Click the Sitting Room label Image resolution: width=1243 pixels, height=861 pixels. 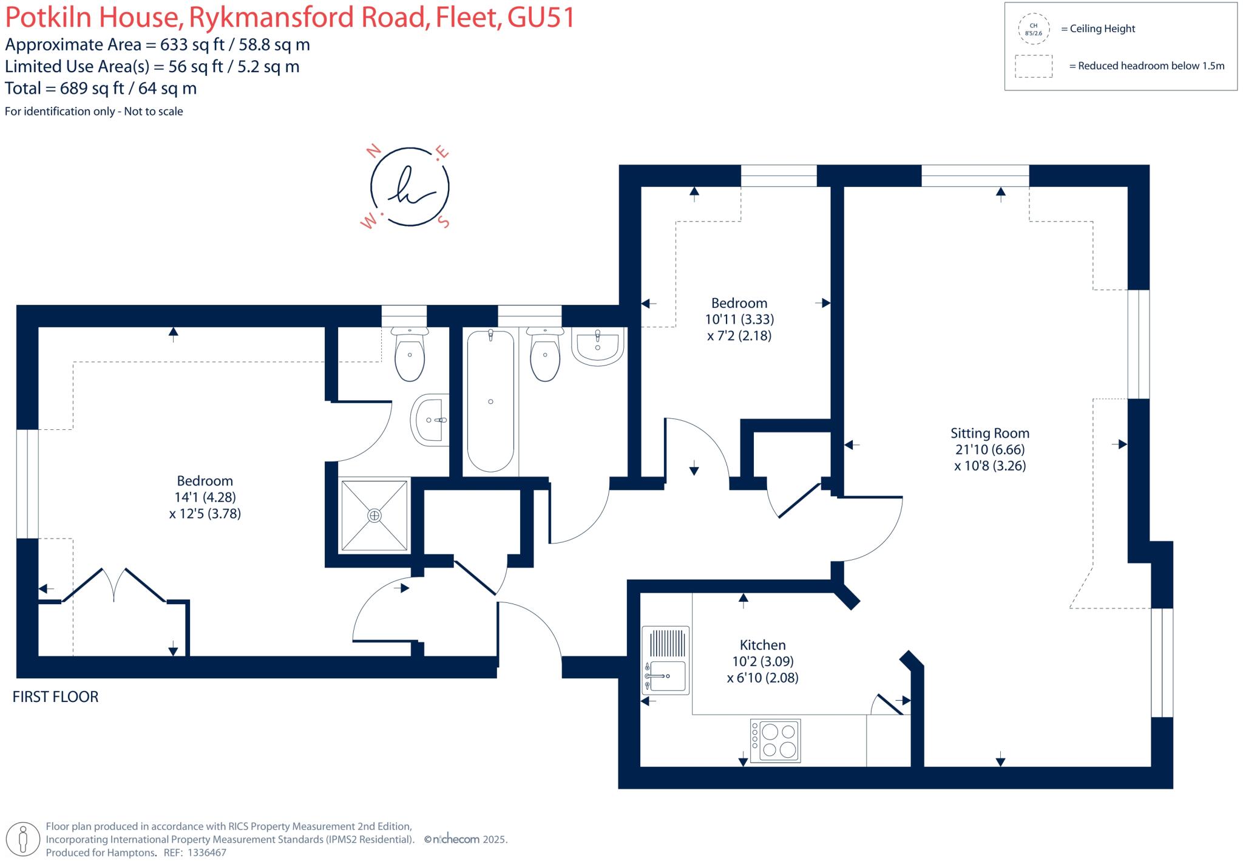coord(989,434)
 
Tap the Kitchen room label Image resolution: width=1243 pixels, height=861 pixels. coord(762,645)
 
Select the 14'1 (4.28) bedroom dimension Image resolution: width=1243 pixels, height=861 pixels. coord(205,497)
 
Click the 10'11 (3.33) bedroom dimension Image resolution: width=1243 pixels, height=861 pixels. coord(739,319)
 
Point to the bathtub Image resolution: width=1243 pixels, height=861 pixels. coord(490,401)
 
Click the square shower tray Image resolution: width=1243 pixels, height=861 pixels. coord(374,516)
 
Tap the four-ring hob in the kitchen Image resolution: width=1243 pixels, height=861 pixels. coord(775,741)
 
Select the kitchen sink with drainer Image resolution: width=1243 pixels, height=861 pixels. coord(665,661)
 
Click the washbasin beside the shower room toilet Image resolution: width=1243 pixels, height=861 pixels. coord(431,420)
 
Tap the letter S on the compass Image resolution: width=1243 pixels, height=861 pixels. coord(445,222)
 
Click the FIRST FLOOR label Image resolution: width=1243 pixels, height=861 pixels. coord(55,696)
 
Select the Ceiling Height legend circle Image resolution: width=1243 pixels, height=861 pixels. coord(1033,29)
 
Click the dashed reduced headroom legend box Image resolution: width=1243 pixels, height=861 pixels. coord(1034,66)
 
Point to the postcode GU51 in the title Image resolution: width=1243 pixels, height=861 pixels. coord(541,17)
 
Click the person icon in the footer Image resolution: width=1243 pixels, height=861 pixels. coord(24,839)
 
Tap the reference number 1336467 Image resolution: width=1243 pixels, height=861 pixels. coord(206,852)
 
